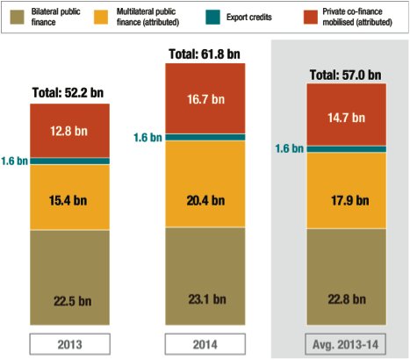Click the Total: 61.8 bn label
(205, 55)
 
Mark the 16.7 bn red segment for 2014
(205, 100)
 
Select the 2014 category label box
(205, 342)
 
